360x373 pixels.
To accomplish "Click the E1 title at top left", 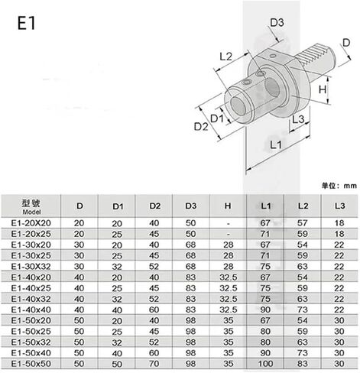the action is click(x=26, y=23).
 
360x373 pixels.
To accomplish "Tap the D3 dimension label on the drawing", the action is click(x=277, y=23).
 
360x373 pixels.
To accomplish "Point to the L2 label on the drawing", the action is click(x=226, y=57).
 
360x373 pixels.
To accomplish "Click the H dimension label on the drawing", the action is click(x=323, y=89).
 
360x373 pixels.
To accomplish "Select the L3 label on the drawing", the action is click(x=298, y=119).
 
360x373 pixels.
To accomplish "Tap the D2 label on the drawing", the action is click(x=201, y=126).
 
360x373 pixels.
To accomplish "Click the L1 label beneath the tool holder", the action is click(x=276, y=144).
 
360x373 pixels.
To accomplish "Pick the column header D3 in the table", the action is click(x=191, y=206).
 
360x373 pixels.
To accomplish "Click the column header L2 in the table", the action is click(x=303, y=206).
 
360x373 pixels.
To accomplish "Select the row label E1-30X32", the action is click(x=31, y=266).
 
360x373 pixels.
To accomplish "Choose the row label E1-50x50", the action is click(x=31, y=364).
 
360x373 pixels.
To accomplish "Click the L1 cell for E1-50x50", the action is click(x=265, y=364).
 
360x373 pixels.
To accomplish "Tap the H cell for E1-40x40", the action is click(x=229, y=310).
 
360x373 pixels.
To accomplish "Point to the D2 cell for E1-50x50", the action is click(x=154, y=364).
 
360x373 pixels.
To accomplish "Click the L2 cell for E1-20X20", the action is click(x=303, y=223).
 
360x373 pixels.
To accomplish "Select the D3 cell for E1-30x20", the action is click(x=190, y=245).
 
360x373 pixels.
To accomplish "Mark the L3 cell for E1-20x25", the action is click(x=339, y=234).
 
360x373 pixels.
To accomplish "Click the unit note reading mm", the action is click(x=350, y=186).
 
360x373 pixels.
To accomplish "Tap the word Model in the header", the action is click(x=31, y=212).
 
